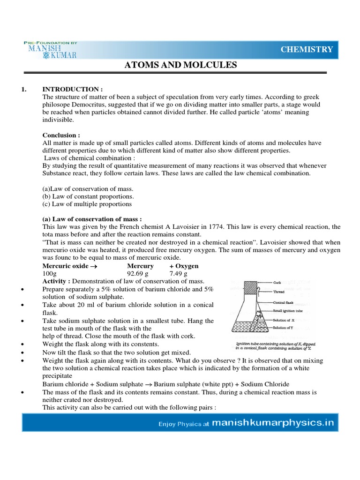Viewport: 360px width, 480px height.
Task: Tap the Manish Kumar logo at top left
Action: [x=51, y=50]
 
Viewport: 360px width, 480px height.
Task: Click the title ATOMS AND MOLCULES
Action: [x=180, y=65]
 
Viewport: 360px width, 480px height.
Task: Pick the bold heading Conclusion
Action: [x=61, y=135]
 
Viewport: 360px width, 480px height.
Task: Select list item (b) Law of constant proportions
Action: [x=88, y=196]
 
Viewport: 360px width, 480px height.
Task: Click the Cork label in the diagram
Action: [x=278, y=283]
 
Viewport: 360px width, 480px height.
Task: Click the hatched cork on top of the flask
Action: [x=250, y=286]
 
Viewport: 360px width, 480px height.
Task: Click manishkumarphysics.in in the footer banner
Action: [x=273, y=423]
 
